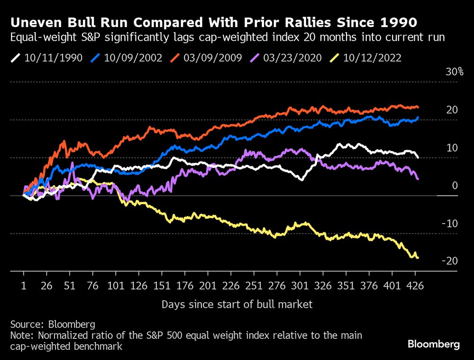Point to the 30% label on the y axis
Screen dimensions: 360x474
(454, 72)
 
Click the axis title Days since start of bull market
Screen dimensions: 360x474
(237, 304)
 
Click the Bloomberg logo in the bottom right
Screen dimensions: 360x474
(434, 344)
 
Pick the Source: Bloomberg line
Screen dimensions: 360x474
(53, 324)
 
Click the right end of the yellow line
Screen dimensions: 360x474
(418, 258)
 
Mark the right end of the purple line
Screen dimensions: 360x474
(418, 179)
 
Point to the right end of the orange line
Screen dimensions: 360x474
(418, 107)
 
